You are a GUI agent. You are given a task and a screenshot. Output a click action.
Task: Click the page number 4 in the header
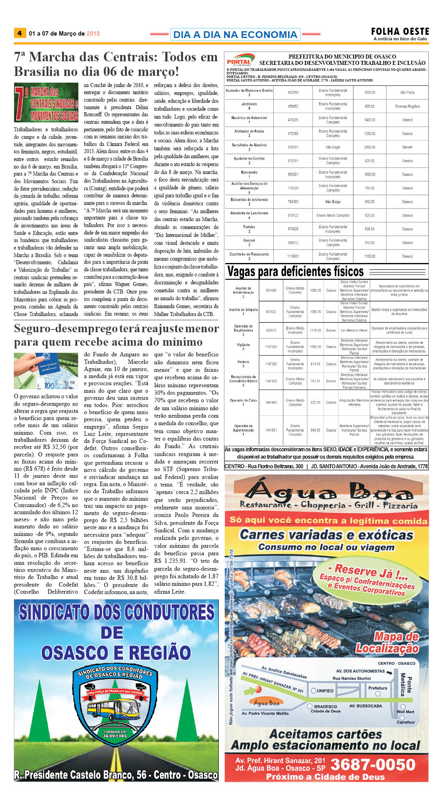(x=19, y=33)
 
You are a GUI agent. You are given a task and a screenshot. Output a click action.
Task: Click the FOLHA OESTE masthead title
(x=399, y=31)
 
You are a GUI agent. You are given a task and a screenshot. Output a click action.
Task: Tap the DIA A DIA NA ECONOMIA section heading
(x=235, y=34)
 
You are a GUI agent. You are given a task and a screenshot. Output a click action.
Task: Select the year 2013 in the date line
(x=93, y=34)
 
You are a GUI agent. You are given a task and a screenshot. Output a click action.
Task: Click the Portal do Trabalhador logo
(x=239, y=60)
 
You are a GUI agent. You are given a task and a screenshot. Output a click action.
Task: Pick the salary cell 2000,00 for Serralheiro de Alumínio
(x=369, y=147)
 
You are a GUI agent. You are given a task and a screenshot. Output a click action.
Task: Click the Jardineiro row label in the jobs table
(x=249, y=104)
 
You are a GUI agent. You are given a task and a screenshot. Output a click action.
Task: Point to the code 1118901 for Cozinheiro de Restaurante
(x=293, y=256)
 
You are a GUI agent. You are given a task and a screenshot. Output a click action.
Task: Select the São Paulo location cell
(x=407, y=93)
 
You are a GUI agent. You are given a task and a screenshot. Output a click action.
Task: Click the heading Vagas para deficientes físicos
(x=295, y=272)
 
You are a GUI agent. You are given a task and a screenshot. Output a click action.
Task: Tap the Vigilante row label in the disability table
(x=243, y=345)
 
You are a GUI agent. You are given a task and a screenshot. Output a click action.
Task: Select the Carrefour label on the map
(x=406, y=722)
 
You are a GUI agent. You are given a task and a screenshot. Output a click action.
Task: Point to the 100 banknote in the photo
(x=49, y=385)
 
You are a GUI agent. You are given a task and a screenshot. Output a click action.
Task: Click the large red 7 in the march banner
(x=19, y=103)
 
